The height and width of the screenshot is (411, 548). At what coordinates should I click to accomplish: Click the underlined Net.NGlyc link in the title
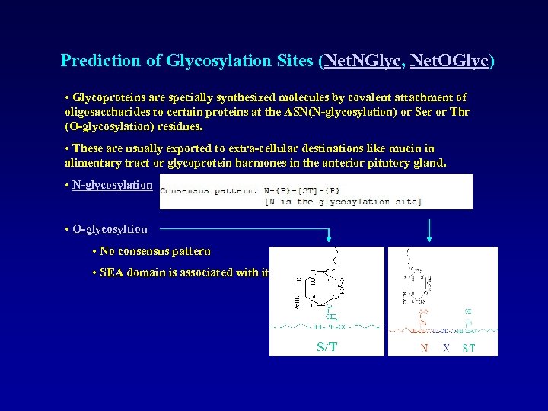pyautogui.click(x=362, y=61)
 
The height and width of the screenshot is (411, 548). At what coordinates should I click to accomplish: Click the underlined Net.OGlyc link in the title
pyautogui.click(x=449, y=61)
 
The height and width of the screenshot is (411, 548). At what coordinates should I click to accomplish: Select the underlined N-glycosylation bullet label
pyautogui.click(x=113, y=185)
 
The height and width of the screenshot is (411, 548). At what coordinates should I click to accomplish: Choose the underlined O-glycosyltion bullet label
pyautogui.click(x=110, y=228)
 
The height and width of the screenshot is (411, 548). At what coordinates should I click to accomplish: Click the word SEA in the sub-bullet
pyautogui.click(x=112, y=272)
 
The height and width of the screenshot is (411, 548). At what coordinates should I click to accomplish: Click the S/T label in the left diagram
pyautogui.click(x=327, y=347)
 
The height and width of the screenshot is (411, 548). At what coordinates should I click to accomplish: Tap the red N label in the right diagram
pyautogui.click(x=425, y=348)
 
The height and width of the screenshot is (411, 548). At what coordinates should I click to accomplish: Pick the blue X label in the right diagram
pyautogui.click(x=447, y=348)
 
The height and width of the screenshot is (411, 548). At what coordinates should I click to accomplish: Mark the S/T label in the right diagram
pyautogui.click(x=469, y=348)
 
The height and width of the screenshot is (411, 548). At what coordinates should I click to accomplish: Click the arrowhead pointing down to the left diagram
pyautogui.click(x=329, y=237)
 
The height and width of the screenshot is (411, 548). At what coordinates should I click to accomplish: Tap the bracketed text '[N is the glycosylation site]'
pyautogui.click(x=343, y=201)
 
